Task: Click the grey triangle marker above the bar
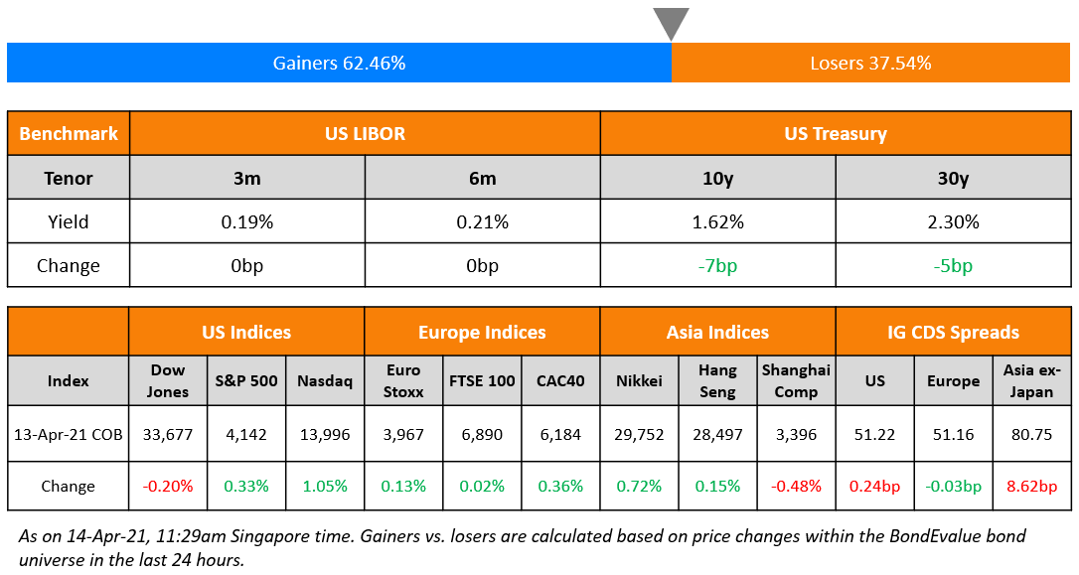click(671, 22)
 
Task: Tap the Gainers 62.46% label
click(339, 63)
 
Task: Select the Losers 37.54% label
click(870, 63)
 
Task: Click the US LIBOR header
click(365, 133)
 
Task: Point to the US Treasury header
click(836, 133)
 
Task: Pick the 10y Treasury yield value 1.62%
click(717, 222)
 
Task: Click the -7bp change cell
click(717, 266)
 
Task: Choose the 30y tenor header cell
click(953, 179)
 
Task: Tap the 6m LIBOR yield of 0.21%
click(482, 222)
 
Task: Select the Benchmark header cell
click(69, 133)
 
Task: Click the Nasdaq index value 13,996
click(325, 434)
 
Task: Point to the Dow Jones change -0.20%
click(168, 487)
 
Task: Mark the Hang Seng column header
click(717, 380)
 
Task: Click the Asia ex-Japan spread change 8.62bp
click(1030, 487)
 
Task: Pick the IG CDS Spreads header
click(953, 332)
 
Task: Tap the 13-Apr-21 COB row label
click(69, 434)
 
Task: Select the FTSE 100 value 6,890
click(482, 434)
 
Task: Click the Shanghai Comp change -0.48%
click(796, 487)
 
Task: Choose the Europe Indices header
click(482, 332)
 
